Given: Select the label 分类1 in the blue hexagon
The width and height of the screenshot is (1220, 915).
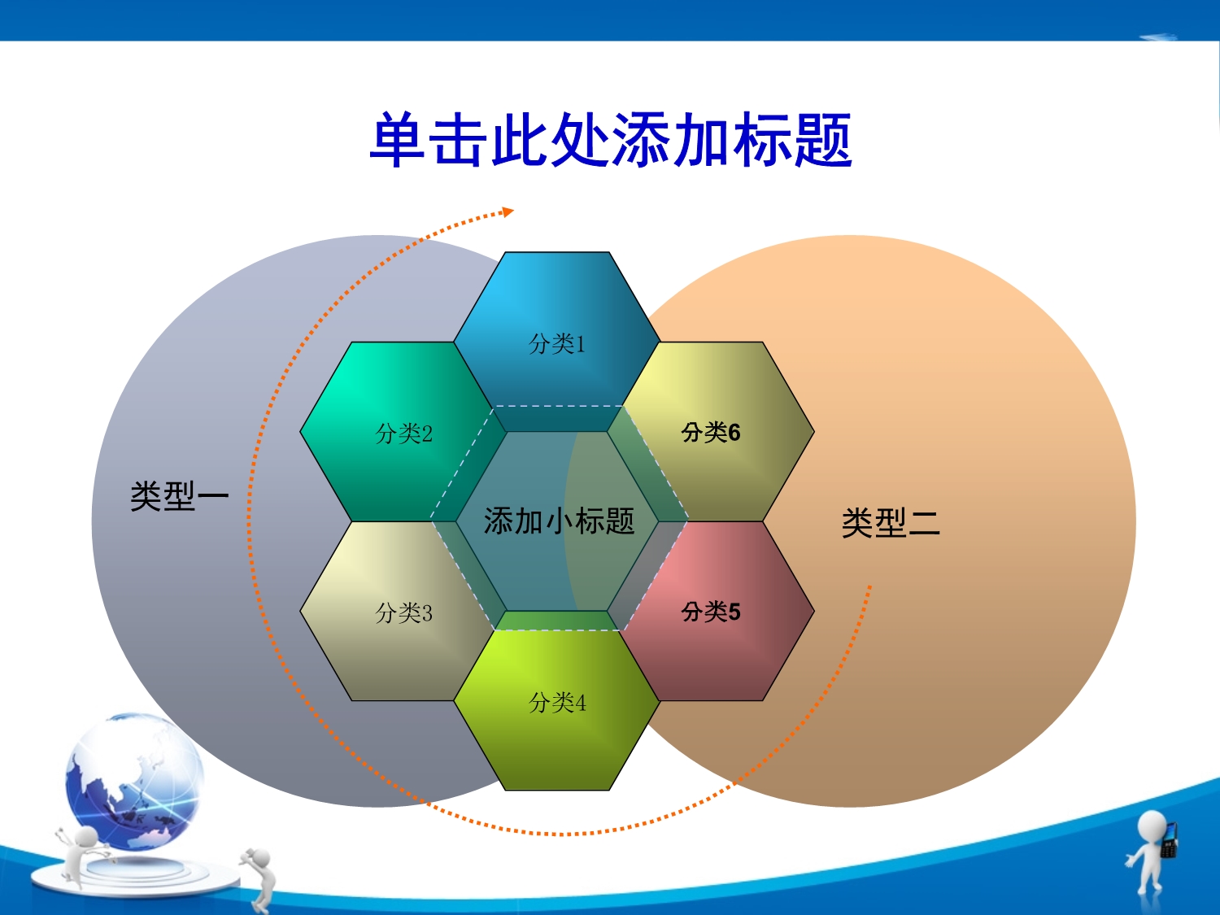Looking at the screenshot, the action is tap(557, 344).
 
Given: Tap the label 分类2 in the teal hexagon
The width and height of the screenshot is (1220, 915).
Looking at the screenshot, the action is tap(404, 434).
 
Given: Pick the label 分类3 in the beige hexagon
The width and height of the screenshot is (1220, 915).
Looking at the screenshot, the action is tap(404, 612).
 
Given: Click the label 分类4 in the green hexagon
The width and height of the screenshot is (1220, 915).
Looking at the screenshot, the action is tap(557, 702).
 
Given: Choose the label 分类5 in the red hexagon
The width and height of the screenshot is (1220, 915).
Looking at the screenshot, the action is tap(711, 612).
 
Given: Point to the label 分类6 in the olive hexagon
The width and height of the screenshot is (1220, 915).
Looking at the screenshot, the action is tap(711, 432).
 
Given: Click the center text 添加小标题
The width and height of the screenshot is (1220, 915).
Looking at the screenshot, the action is tap(559, 521).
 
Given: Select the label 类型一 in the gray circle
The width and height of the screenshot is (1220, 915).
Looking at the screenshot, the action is tap(179, 495).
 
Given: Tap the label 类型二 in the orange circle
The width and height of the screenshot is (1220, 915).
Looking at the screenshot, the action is tap(891, 523).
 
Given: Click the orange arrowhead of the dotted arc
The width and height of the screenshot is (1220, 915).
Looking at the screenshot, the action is tap(508, 211).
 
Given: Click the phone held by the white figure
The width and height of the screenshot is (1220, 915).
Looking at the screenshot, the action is tap(1169, 839).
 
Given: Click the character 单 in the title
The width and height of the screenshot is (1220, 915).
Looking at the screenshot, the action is tap(398, 139).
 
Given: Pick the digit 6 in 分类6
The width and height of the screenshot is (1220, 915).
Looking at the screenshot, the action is tap(734, 433).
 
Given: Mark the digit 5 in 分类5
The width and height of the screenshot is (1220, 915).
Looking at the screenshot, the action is tap(734, 612).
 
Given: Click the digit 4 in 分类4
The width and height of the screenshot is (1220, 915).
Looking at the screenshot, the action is tap(580, 703).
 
